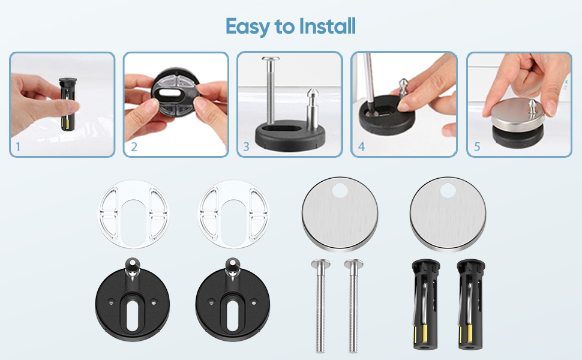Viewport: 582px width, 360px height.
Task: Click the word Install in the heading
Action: tap(328, 26)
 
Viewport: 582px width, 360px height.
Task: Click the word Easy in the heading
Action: tap(248, 27)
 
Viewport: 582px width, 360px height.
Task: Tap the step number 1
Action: tap(18, 147)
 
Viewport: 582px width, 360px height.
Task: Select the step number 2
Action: tap(134, 147)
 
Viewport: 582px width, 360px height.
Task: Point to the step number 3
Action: tap(246, 147)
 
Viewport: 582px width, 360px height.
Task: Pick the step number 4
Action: tap(361, 147)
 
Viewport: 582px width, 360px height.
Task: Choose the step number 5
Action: tap(477, 147)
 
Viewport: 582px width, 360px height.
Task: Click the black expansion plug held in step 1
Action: tap(67, 104)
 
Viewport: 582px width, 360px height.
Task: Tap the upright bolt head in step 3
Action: tap(270, 59)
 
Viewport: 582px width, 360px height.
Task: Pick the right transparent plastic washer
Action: tap(234, 214)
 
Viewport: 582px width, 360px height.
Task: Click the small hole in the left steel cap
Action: tap(340, 191)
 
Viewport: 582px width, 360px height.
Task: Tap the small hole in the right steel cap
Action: tap(448, 190)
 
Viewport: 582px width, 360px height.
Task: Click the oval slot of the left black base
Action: tap(132, 315)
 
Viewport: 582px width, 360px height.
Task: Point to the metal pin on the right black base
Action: tap(233, 268)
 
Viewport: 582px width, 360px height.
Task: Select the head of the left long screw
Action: tap(320, 264)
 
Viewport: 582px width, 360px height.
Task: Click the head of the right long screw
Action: tap(353, 264)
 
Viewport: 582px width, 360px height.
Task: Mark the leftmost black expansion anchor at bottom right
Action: tap(425, 304)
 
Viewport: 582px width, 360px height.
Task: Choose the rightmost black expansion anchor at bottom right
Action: tap(470, 304)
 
